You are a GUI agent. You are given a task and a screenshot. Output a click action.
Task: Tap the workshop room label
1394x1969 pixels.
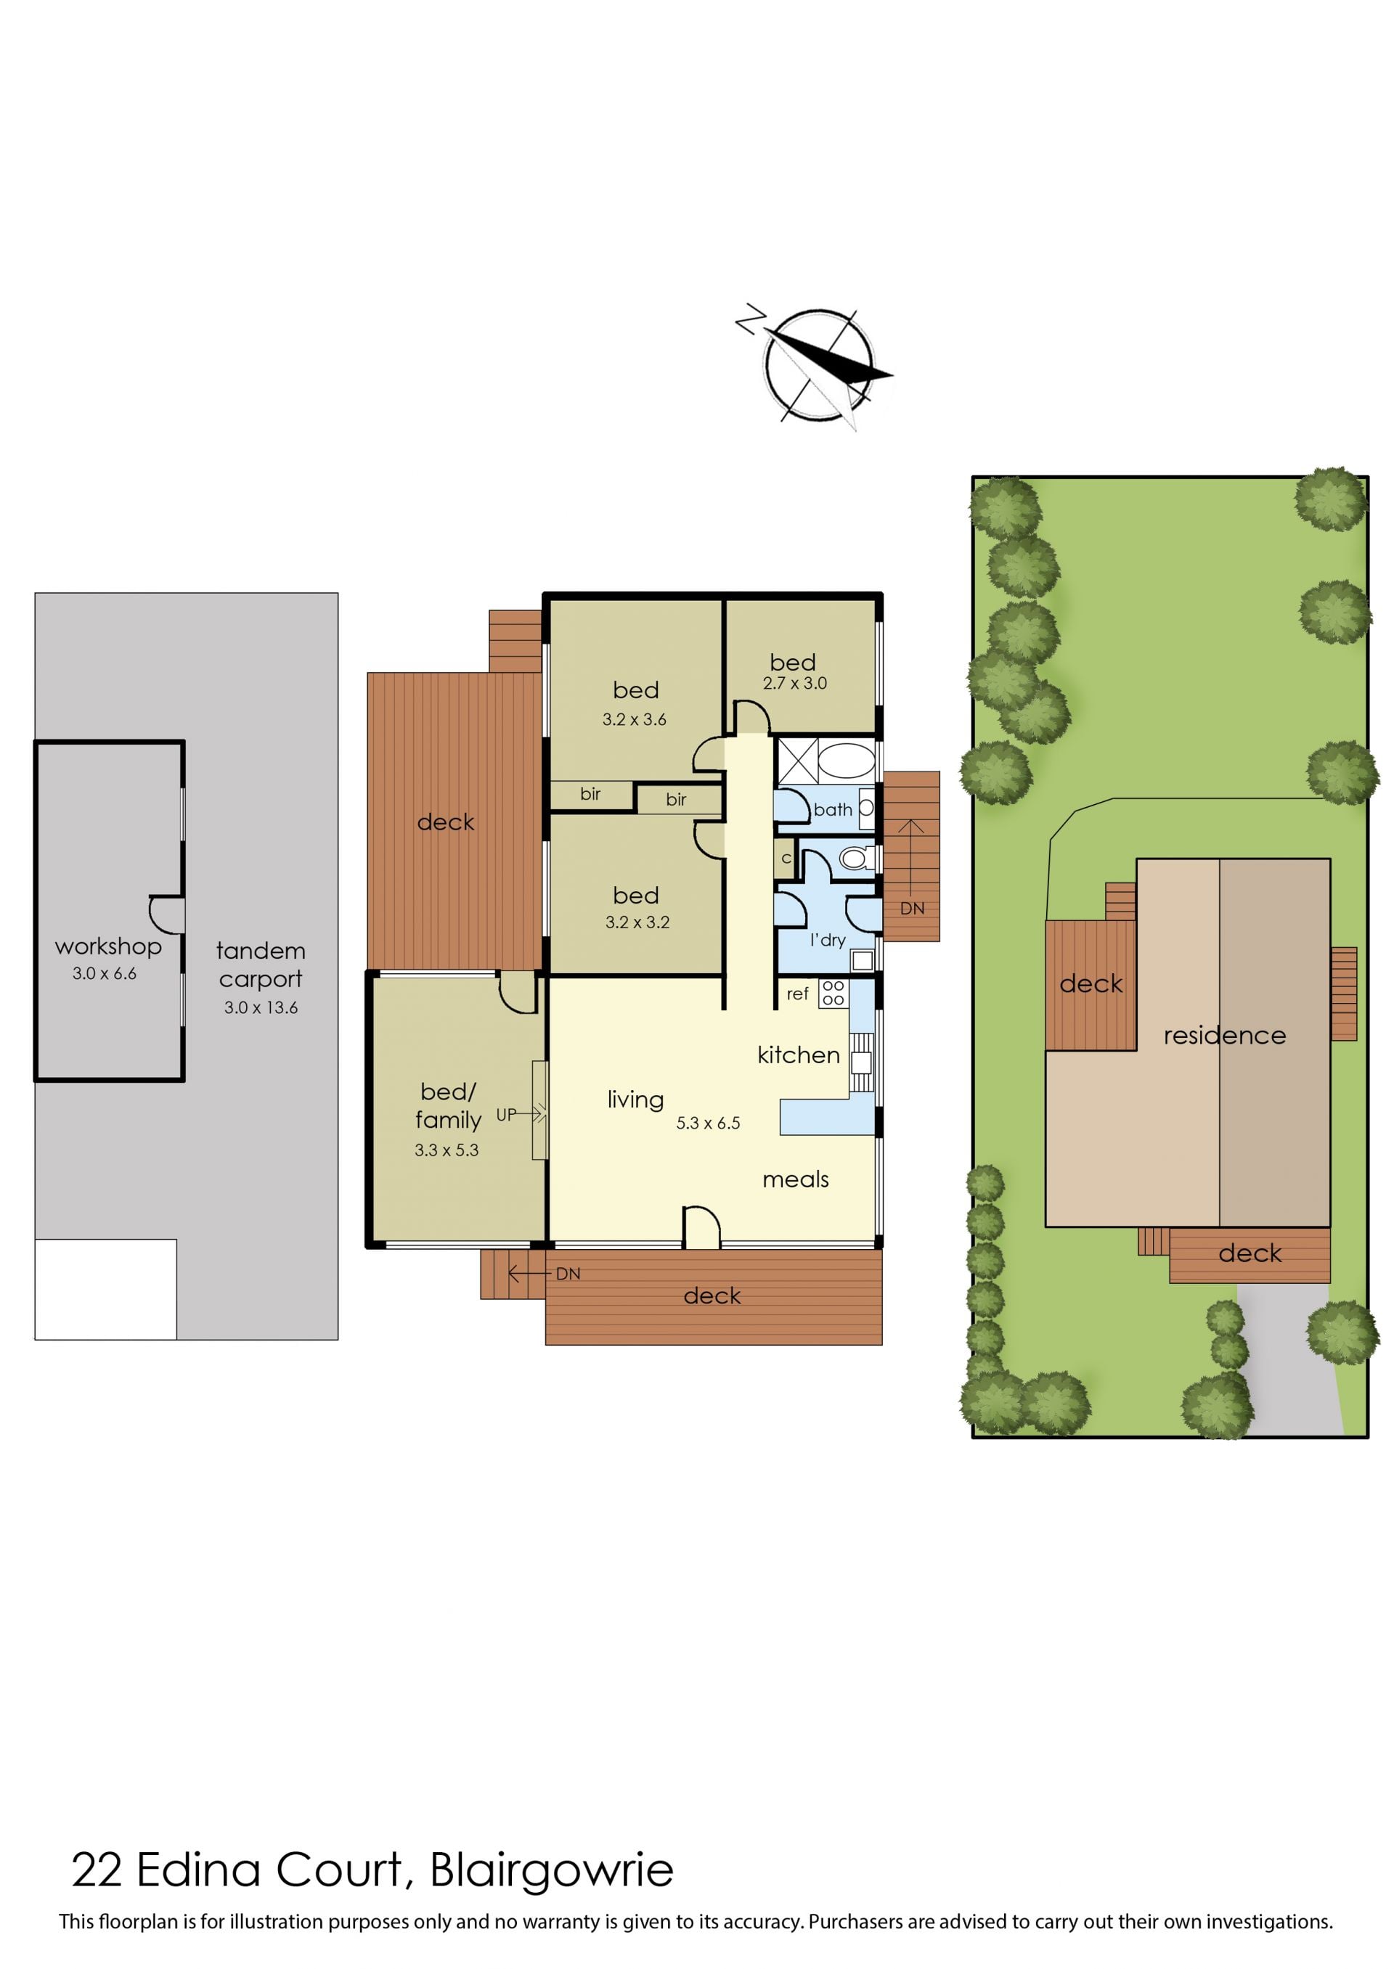coord(108,946)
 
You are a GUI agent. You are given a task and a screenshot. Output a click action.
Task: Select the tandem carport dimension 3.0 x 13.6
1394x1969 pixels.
coord(261,1007)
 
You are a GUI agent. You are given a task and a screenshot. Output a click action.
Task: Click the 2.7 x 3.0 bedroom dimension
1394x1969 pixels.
coord(795,683)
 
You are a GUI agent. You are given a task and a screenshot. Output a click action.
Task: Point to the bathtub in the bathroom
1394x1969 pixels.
coord(847,760)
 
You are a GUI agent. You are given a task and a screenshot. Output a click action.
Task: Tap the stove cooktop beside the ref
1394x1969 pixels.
coord(833,994)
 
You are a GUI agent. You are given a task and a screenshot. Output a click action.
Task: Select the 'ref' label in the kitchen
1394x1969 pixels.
coord(797,994)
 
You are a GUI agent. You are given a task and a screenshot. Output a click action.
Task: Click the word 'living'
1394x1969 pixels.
coord(635,1100)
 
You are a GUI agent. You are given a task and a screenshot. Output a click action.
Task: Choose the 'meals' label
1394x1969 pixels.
coord(796,1179)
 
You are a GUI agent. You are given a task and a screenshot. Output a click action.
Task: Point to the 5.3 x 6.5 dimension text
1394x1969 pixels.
coord(708,1123)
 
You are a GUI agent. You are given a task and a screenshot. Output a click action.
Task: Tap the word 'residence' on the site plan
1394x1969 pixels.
coord(1225,1036)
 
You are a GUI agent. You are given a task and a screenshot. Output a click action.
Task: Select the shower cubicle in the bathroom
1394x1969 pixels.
coord(796,760)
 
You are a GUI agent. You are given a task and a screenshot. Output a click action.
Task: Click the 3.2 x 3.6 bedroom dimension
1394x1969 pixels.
coord(635,719)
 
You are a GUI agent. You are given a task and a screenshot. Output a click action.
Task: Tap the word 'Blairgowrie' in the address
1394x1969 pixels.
coord(551,1870)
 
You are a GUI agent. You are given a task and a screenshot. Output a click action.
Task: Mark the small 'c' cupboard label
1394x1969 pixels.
coord(786,858)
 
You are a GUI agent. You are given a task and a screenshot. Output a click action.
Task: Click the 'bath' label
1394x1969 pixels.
coord(833,809)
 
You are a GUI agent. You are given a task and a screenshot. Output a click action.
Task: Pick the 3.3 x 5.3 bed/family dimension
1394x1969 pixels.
coord(447,1150)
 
